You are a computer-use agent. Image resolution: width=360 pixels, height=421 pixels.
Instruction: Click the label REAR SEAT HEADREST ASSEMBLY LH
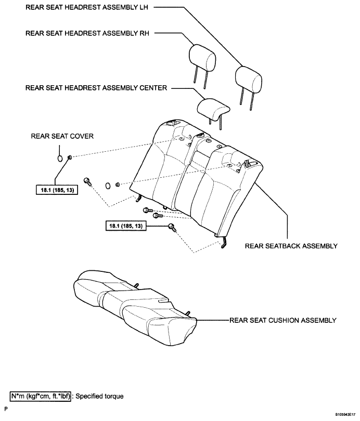click(x=86, y=7)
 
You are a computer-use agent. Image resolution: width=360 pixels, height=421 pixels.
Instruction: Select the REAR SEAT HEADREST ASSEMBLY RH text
click(x=87, y=33)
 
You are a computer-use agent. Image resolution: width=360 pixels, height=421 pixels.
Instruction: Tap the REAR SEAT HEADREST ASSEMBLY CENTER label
click(x=96, y=88)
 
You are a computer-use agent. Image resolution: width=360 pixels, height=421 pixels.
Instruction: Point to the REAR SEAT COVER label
click(x=62, y=136)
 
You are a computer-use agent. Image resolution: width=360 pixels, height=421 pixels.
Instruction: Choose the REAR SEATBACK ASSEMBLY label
click(x=291, y=246)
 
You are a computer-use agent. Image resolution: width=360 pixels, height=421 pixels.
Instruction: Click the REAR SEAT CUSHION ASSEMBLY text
click(x=282, y=321)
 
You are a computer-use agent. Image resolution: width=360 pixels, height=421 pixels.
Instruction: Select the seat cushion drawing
click(x=134, y=309)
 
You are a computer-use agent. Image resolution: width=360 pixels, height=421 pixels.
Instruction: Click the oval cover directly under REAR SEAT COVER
click(x=60, y=159)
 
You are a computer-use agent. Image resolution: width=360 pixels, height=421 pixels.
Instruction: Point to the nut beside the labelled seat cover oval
click(x=69, y=157)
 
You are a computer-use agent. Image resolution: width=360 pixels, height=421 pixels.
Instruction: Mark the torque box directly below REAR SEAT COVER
click(x=57, y=190)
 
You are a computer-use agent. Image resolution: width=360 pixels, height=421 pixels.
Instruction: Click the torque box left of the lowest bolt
click(x=126, y=226)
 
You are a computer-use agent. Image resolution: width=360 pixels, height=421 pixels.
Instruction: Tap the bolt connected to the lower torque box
click(x=172, y=228)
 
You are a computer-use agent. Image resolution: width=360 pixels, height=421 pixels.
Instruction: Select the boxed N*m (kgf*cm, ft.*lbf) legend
click(x=40, y=396)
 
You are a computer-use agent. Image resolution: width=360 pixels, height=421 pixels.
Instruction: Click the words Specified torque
click(x=99, y=396)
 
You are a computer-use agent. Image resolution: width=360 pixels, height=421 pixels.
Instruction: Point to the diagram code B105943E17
click(x=346, y=415)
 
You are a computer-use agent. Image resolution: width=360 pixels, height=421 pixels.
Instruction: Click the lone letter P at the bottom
click(x=6, y=409)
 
